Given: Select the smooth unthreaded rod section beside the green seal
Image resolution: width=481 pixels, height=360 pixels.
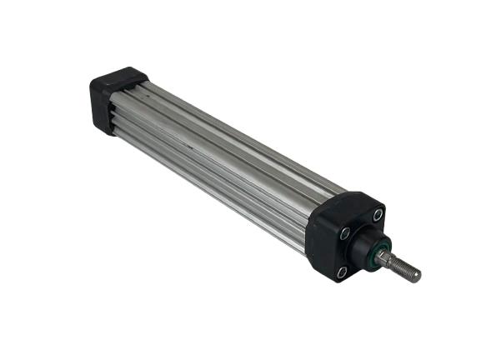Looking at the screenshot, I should pyautogui.click(x=388, y=257).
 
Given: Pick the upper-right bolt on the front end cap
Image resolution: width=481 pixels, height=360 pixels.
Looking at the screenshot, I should pyautogui.click(x=377, y=215).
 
